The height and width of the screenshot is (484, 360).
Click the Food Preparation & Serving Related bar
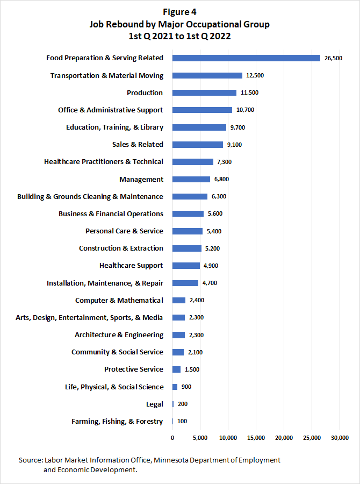coord(246,58)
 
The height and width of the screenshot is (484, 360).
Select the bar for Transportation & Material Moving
coord(207,75)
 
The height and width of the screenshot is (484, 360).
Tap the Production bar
coord(204,92)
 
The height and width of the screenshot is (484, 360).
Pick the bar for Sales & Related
coord(198,144)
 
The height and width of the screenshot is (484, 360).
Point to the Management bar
coord(191,179)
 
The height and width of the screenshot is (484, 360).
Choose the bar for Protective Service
coord(176,369)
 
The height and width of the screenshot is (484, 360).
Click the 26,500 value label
coord(333,58)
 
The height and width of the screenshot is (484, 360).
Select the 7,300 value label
coord(225,162)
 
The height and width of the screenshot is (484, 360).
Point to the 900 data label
coord(186,387)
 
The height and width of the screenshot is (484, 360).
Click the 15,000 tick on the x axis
coord(256,437)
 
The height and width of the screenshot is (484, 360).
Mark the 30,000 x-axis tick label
coord(340,437)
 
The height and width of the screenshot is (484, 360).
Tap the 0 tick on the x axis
coord(172,437)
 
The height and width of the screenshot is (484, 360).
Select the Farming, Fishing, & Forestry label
coord(117,421)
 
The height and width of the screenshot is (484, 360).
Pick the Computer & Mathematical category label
coord(119,300)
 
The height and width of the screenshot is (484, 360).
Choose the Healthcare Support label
coord(131,265)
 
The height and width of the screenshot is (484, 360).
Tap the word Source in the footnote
coord(30,460)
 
